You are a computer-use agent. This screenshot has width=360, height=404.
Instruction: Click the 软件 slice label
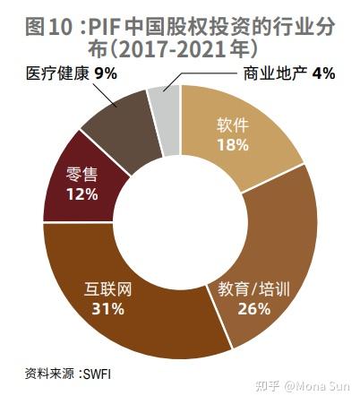coord(232,126)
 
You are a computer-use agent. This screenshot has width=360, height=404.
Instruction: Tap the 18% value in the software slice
coord(232,145)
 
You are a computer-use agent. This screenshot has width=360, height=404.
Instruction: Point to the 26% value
coord(253,309)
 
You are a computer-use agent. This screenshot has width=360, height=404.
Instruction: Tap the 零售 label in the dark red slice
coord(81,176)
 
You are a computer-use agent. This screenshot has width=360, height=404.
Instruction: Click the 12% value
coord(81,194)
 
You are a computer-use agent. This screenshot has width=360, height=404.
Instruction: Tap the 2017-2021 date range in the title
coord(182,46)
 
